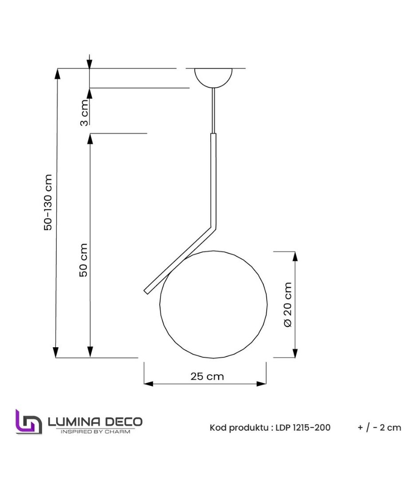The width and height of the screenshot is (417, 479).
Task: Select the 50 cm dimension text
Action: [83, 259]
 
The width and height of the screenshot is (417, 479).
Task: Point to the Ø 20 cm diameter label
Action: [288, 304]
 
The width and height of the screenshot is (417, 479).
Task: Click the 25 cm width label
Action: [207, 377]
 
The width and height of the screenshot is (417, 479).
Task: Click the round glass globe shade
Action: [213, 304]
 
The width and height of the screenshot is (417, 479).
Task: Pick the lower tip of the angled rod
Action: [146, 291]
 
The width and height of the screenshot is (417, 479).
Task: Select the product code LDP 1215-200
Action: [303, 428]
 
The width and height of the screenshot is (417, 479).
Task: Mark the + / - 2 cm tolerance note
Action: [379, 428]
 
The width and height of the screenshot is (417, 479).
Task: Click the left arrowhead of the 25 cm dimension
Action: [148, 384]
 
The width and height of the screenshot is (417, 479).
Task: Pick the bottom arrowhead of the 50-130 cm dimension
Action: [56, 352]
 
